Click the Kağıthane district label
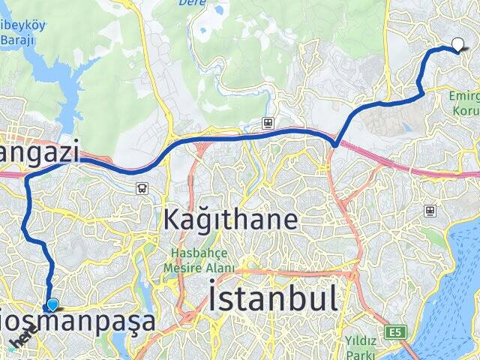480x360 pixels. [230, 220]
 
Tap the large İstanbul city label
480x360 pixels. [273, 298]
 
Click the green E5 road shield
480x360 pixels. [394, 331]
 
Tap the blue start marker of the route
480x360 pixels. [52, 304]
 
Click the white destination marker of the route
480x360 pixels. [457, 44]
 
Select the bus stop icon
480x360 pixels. [142, 188]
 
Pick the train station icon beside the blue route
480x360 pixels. [266, 122]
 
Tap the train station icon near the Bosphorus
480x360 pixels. [430, 211]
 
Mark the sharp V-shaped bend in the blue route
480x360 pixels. [335, 142]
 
